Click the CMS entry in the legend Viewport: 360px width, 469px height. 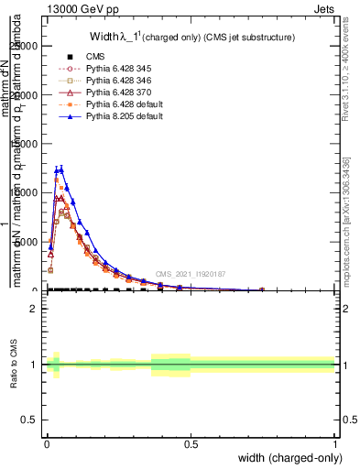(x=95, y=56)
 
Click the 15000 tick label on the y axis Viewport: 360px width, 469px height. (x=27, y=144)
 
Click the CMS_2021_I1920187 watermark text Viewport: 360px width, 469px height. (x=191, y=274)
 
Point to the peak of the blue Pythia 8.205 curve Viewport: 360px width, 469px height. (x=60, y=169)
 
